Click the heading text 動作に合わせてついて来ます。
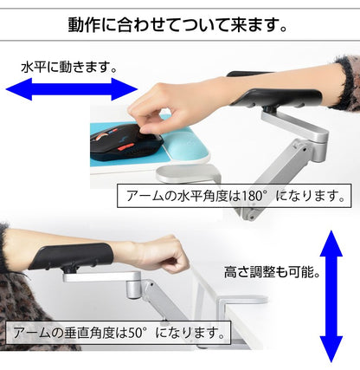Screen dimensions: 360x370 pos(177,25)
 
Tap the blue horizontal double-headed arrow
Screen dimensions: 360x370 pos(72,89)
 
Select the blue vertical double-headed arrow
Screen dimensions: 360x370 pos(331,296)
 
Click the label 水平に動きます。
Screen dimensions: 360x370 pos(68,68)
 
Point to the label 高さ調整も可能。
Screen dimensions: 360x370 pos(272,272)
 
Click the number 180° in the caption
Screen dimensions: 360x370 pos(253,196)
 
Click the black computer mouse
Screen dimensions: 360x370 pos(127,142)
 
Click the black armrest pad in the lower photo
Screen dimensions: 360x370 pos(71,256)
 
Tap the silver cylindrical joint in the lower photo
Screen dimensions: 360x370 pos(133,287)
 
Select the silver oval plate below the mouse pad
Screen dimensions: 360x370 pos(188,172)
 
